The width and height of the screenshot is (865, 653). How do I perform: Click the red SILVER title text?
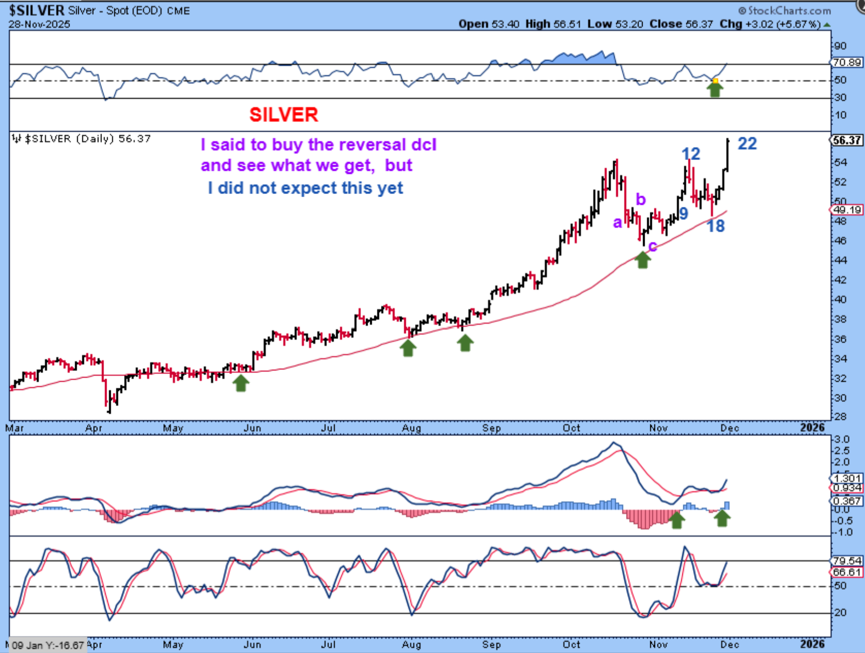284,115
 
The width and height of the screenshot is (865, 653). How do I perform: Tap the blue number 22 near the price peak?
747,144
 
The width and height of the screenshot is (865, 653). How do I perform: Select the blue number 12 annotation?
691,154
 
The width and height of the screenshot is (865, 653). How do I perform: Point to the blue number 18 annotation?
716,226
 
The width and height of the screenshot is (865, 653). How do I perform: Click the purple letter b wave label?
641,199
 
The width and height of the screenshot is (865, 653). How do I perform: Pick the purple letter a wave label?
617,222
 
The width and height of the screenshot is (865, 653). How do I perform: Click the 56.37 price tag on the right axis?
847,140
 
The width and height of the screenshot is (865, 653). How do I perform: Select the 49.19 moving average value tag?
847,210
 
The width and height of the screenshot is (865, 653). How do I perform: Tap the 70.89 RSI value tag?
847,62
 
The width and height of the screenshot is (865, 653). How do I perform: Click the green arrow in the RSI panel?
715,89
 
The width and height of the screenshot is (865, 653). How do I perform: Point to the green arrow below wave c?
642,259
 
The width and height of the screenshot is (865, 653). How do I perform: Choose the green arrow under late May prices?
241,383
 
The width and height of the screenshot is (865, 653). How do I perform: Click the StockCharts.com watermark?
785,10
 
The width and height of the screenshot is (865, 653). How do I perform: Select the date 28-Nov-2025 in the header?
39,24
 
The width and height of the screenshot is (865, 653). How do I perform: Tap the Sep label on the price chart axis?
491,428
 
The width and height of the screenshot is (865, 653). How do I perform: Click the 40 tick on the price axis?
840,299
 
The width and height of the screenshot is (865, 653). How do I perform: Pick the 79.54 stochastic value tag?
847,561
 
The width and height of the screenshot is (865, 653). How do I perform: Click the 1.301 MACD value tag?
847,478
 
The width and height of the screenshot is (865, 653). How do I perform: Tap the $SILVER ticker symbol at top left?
37,10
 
